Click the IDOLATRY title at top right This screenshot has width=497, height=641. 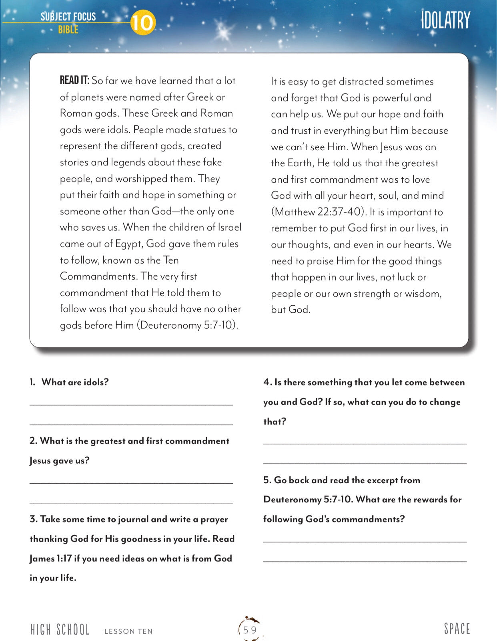point(445,21)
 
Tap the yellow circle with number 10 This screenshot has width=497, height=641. point(142,22)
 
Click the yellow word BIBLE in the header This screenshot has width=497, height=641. point(68,30)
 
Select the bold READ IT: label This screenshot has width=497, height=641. point(74,81)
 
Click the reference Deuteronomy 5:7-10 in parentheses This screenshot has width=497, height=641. point(187,325)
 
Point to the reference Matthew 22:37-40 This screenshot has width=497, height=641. point(319,212)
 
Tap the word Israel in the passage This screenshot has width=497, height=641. point(229,228)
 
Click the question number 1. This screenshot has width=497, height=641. point(32,382)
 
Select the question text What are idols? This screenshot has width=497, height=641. point(75,382)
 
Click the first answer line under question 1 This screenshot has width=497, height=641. point(131,405)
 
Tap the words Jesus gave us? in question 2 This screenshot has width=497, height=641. point(59,461)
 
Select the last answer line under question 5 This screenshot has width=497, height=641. point(365,561)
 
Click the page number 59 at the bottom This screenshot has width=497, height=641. point(250,630)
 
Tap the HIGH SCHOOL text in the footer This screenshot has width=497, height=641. point(60,630)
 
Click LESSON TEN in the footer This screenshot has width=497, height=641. point(128,631)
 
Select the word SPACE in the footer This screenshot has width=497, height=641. point(457,629)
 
